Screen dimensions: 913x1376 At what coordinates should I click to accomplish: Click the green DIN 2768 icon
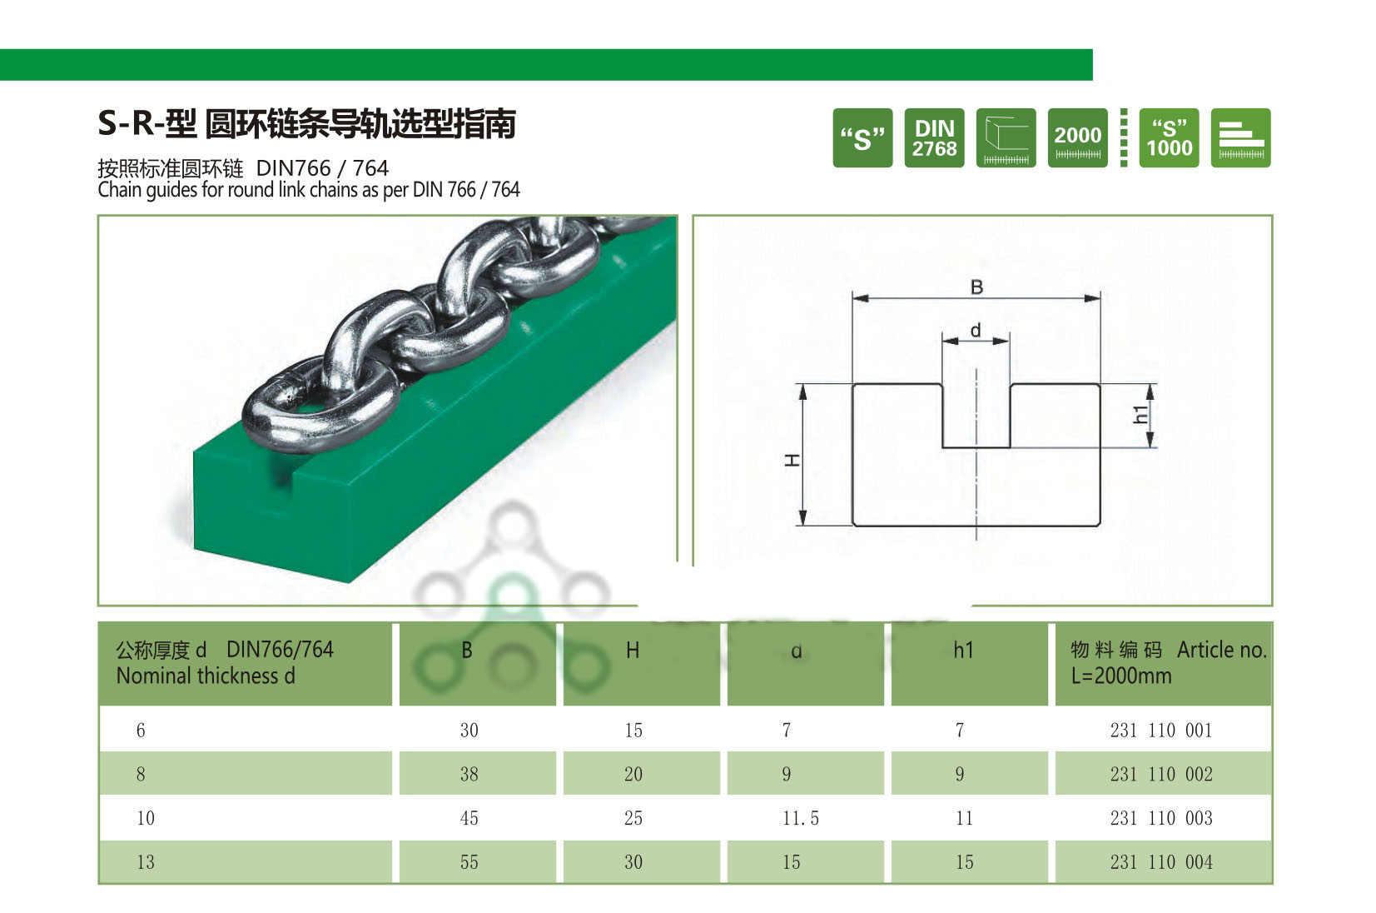pos(934,137)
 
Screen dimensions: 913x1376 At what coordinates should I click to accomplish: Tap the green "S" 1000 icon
pos(1169,137)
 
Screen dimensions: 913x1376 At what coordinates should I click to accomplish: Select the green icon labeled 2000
pos(1077,137)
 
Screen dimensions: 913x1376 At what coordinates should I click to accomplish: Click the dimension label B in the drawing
pos(976,287)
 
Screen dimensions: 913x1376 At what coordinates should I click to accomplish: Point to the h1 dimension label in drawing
pos(1140,414)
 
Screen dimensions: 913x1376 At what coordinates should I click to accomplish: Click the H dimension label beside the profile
pos(792,460)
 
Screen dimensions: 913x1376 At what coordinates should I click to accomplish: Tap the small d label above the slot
pos(976,330)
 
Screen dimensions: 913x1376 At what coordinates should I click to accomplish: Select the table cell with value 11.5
pos(800,819)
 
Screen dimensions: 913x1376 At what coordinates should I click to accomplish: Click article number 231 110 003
pos(1160,819)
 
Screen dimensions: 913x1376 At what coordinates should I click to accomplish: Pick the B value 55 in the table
pos(469,863)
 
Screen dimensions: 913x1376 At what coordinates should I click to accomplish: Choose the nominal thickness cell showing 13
pos(146,863)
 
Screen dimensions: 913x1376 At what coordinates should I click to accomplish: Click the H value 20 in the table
pos(633,775)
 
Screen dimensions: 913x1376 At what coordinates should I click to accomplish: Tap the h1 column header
pos(963,651)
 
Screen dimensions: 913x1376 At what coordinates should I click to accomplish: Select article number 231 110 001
pos(1160,731)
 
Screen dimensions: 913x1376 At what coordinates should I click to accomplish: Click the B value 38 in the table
pos(469,775)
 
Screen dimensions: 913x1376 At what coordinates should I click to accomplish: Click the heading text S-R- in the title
pos(130,123)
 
